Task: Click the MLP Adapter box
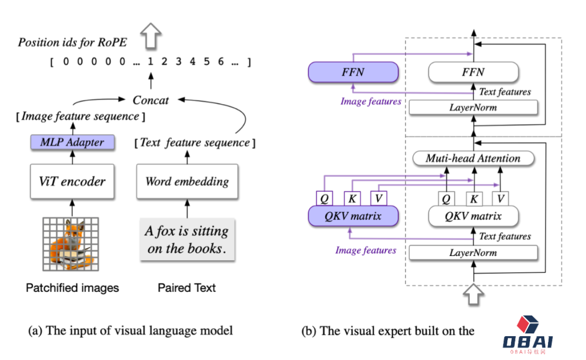(x=73, y=142)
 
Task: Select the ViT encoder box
(x=72, y=182)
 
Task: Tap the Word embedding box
(x=187, y=182)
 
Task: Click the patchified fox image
(x=71, y=244)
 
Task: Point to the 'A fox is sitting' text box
(x=187, y=240)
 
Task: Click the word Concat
(x=151, y=100)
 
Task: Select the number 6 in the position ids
(x=221, y=61)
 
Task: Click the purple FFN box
(x=353, y=72)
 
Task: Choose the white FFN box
(x=474, y=72)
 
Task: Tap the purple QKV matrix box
(x=353, y=216)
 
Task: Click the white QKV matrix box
(x=474, y=216)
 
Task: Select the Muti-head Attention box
(x=474, y=158)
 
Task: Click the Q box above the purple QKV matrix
(x=324, y=198)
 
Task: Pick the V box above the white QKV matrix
(x=501, y=198)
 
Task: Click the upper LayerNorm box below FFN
(x=474, y=107)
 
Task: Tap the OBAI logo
(x=528, y=335)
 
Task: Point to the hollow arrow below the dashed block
(x=474, y=294)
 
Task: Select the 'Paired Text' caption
(x=187, y=288)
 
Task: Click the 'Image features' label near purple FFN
(x=371, y=101)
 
